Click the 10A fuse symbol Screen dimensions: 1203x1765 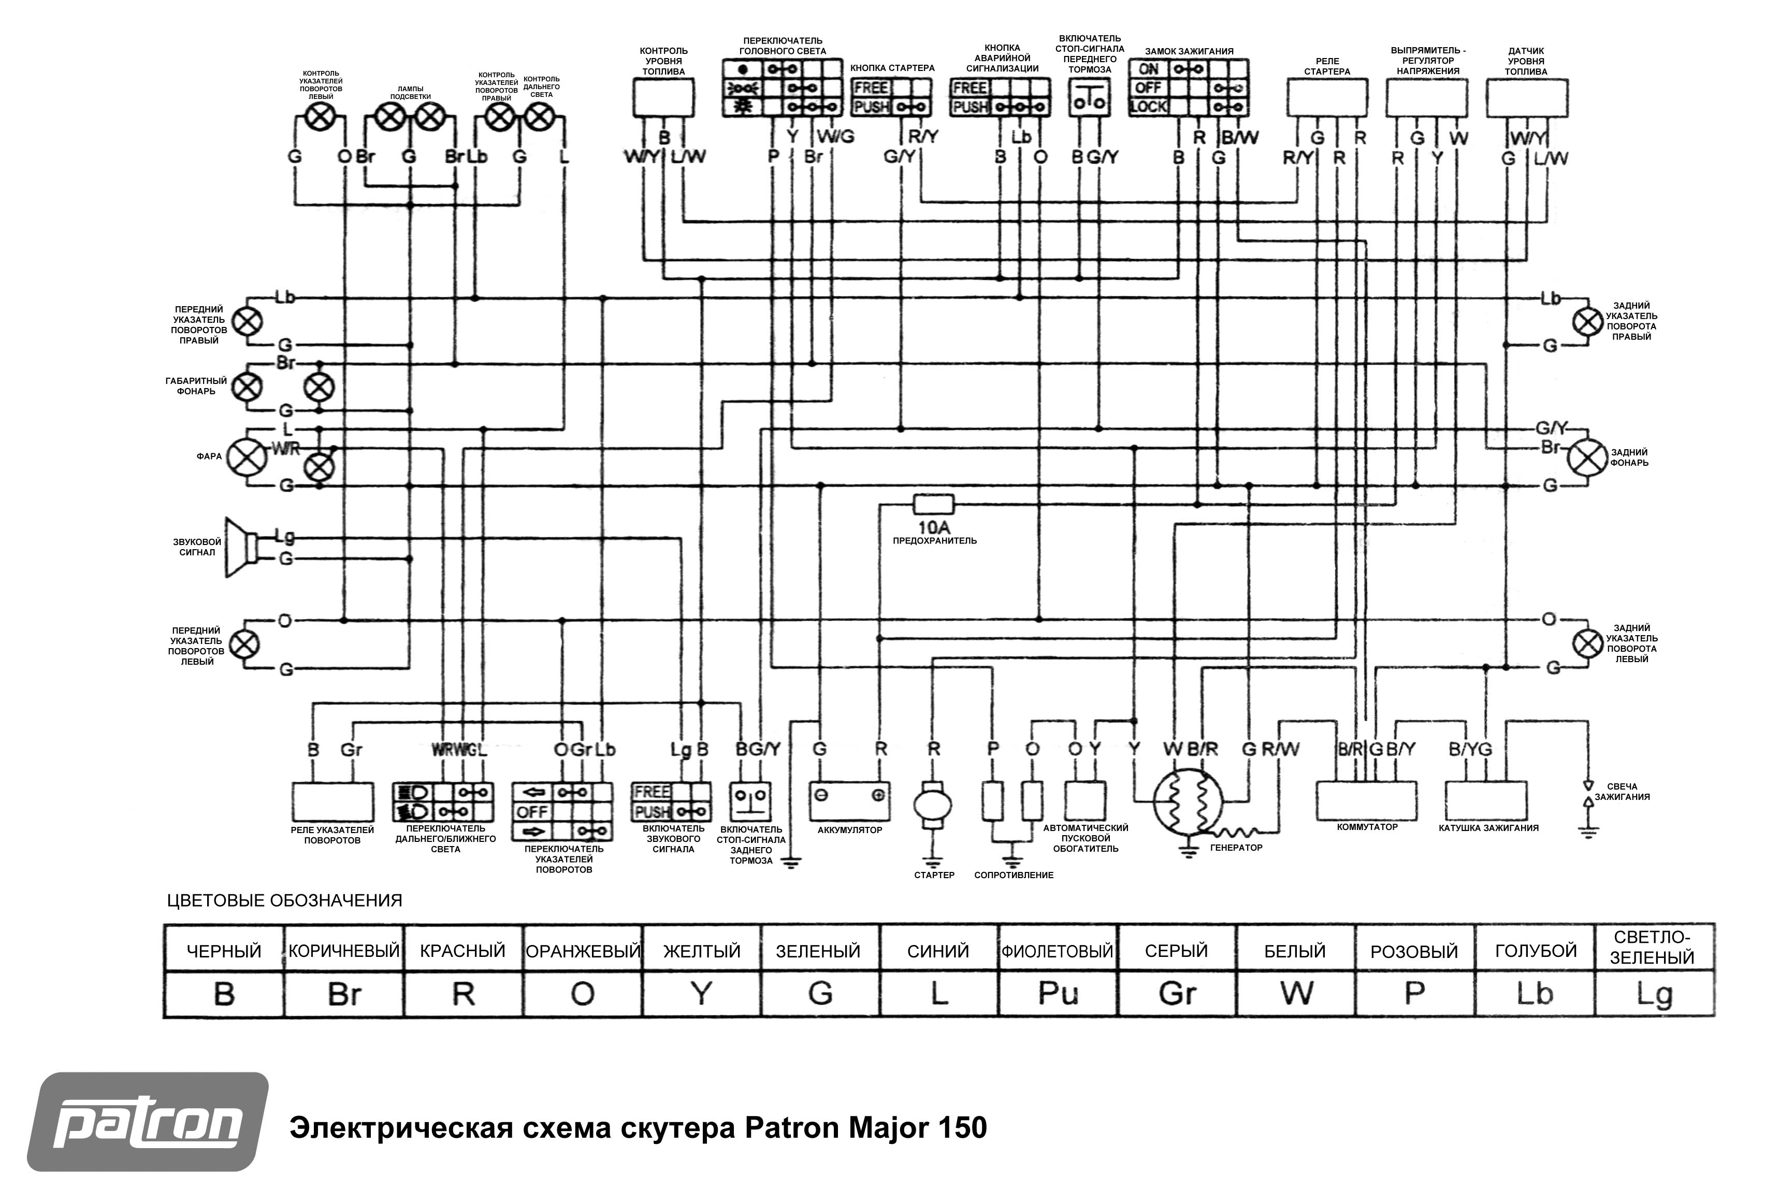pos(933,504)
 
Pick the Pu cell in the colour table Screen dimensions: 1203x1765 pos(1058,993)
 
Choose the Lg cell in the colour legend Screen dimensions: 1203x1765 pos(1654,993)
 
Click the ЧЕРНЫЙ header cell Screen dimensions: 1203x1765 pos(224,951)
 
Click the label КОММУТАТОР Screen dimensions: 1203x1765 pos(1367,827)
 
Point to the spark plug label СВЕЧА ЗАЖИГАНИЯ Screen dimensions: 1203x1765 pos(1622,792)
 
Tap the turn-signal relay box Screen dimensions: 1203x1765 pos(332,802)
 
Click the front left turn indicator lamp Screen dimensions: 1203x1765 pos(244,645)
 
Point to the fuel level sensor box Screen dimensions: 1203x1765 pos(1527,98)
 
